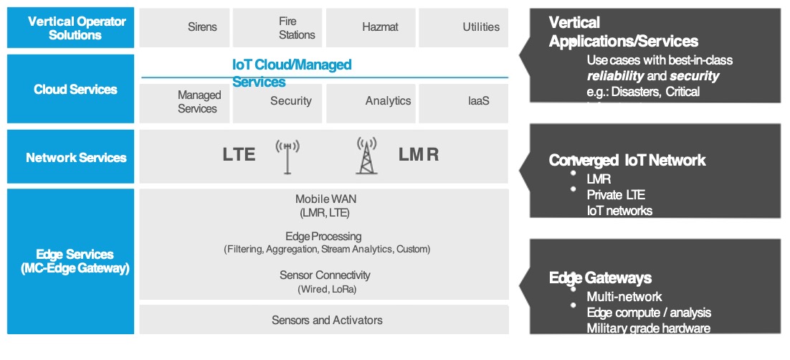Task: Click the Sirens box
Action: pyautogui.click(x=185, y=27)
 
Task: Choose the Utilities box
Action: pyautogui.click(x=463, y=27)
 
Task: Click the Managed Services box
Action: pyautogui.click(x=185, y=103)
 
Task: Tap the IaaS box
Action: pyautogui.click(x=463, y=103)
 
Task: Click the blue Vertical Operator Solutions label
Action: pyautogui.click(x=71, y=28)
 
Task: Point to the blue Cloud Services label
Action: pyautogui.click(x=71, y=90)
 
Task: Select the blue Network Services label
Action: pyautogui.click(x=71, y=157)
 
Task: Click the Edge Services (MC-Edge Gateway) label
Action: pyautogui.click(x=71, y=261)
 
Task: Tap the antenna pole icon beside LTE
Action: pyautogui.click(x=287, y=156)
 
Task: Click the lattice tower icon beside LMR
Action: pyautogui.click(x=366, y=156)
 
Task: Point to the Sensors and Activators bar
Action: pyautogui.click(x=324, y=320)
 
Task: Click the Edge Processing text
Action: pyautogui.click(x=323, y=236)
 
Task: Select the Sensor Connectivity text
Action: pyautogui.click(x=325, y=275)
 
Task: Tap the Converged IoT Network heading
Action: pyautogui.click(x=627, y=161)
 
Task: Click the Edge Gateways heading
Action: pyautogui.click(x=600, y=278)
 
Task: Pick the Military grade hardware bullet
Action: pyautogui.click(x=648, y=328)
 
